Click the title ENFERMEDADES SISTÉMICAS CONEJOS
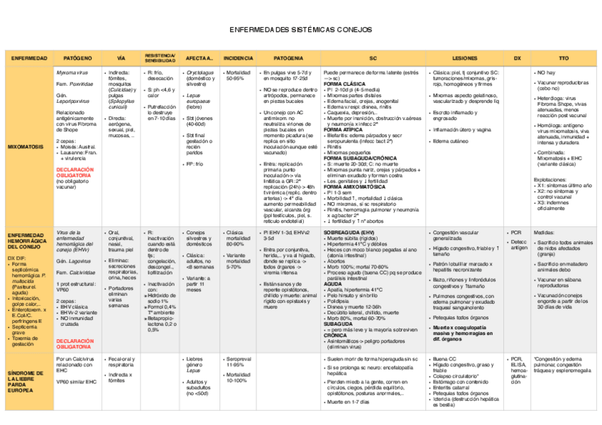click(x=301, y=31)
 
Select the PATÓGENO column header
click(x=77, y=58)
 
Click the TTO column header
click(x=564, y=58)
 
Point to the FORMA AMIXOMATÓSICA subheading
click(x=351, y=187)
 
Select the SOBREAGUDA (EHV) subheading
click(x=349, y=232)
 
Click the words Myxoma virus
click(x=72, y=72)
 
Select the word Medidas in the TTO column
click(x=544, y=232)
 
